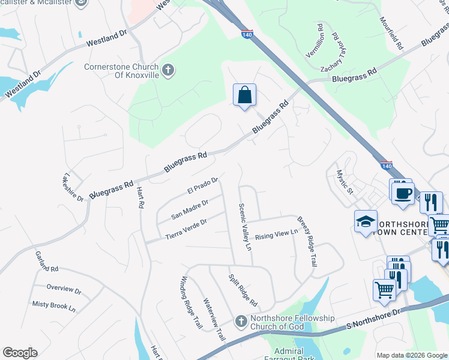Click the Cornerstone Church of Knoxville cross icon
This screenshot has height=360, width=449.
(168, 70)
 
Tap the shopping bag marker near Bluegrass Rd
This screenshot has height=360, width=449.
(244, 95)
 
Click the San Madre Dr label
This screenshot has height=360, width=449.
(190, 209)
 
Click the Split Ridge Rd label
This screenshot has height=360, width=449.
(243, 289)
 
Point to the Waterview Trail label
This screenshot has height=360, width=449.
(214, 320)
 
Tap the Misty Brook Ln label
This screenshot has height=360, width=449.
(54, 307)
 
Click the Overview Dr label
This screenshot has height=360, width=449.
(64, 289)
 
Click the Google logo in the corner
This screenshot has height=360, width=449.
(20, 353)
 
